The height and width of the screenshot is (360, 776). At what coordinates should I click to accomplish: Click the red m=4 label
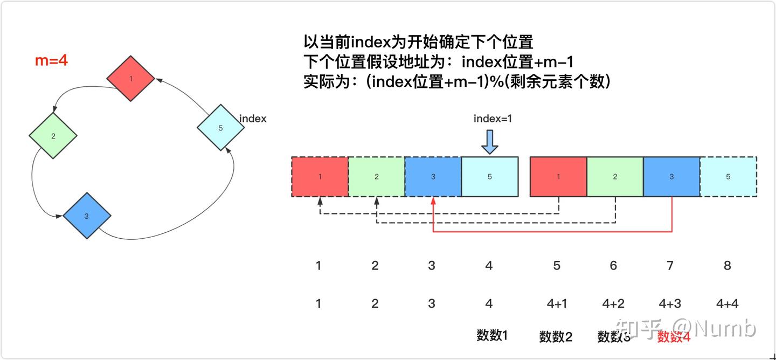click(51, 60)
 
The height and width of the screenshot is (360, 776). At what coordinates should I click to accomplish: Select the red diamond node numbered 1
click(131, 79)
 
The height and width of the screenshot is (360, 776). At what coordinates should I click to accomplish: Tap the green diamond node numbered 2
click(53, 136)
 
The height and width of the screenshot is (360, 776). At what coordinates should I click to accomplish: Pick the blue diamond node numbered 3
click(87, 216)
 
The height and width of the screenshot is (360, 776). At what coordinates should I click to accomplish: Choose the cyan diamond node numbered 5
click(220, 128)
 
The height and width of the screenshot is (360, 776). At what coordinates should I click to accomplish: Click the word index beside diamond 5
click(252, 119)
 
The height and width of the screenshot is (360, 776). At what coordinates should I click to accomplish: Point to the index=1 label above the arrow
click(493, 119)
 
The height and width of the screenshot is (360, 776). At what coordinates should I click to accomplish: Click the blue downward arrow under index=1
click(490, 142)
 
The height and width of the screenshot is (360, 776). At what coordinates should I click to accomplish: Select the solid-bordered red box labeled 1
click(558, 176)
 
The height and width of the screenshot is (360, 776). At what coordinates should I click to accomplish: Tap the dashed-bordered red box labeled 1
click(320, 176)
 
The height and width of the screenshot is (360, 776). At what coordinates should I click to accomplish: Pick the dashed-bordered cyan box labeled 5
click(728, 176)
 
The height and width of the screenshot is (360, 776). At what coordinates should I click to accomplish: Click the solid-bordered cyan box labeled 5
click(490, 176)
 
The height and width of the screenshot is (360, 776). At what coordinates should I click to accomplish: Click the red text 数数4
click(674, 337)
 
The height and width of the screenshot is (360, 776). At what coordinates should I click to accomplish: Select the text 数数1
click(492, 335)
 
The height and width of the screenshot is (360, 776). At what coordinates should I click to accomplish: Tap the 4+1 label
click(557, 304)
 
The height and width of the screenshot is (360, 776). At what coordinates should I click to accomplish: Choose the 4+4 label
click(727, 304)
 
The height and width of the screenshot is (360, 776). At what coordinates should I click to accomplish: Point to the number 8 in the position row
click(727, 266)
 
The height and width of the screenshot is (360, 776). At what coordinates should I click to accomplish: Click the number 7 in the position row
click(671, 266)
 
